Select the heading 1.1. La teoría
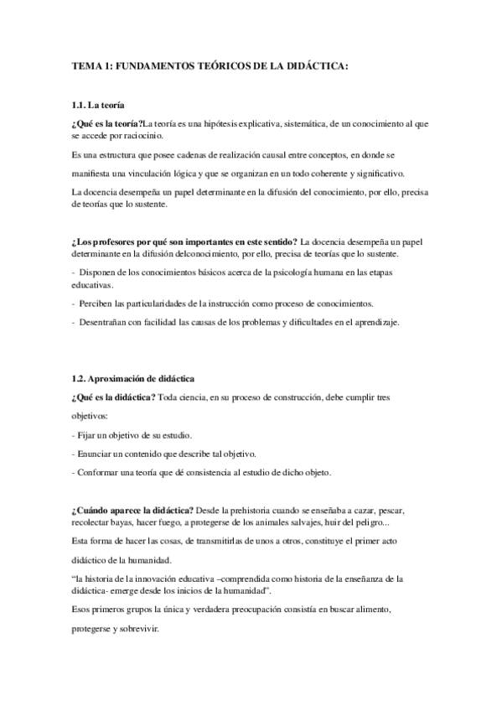(x=98, y=106)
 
